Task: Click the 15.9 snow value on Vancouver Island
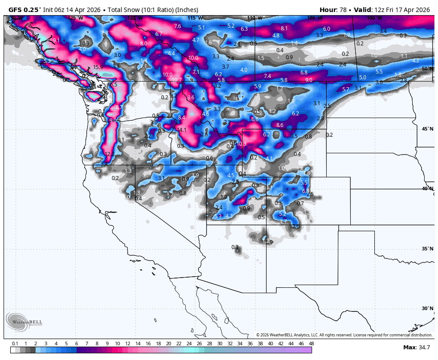pyautogui.click(x=98, y=68)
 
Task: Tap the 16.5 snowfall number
pyautogui.click(x=112, y=85)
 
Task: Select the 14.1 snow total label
pyautogui.click(x=182, y=130)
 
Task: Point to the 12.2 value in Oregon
pyautogui.click(x=109, y=154)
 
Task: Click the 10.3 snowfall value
pyautogui.click(x=241, y=144)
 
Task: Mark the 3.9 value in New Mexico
pyautogui.click(x=269, y=242)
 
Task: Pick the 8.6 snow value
pyautogui.click(x=280, y=125)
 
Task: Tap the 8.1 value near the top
pyautogui.click(x=284, y=29)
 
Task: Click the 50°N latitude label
pyautogui.click(x=427, y=69)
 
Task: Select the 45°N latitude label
pyautogui.click(x=427, y=129)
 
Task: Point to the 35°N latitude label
pyautogui.click(x=427, y=249)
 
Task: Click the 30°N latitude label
pyautogui.click(x=427, y=308)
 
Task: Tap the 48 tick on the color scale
pyautogui.click(x=311, y=344)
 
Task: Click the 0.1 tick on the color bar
pyautogui.click(x=15, y=344)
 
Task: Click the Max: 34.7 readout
pyautogui.click(x=416, y=347)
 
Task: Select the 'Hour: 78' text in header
pyautogui.click(x=334, y=10)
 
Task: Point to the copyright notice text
pyautogui.click(x=344, y=335)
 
